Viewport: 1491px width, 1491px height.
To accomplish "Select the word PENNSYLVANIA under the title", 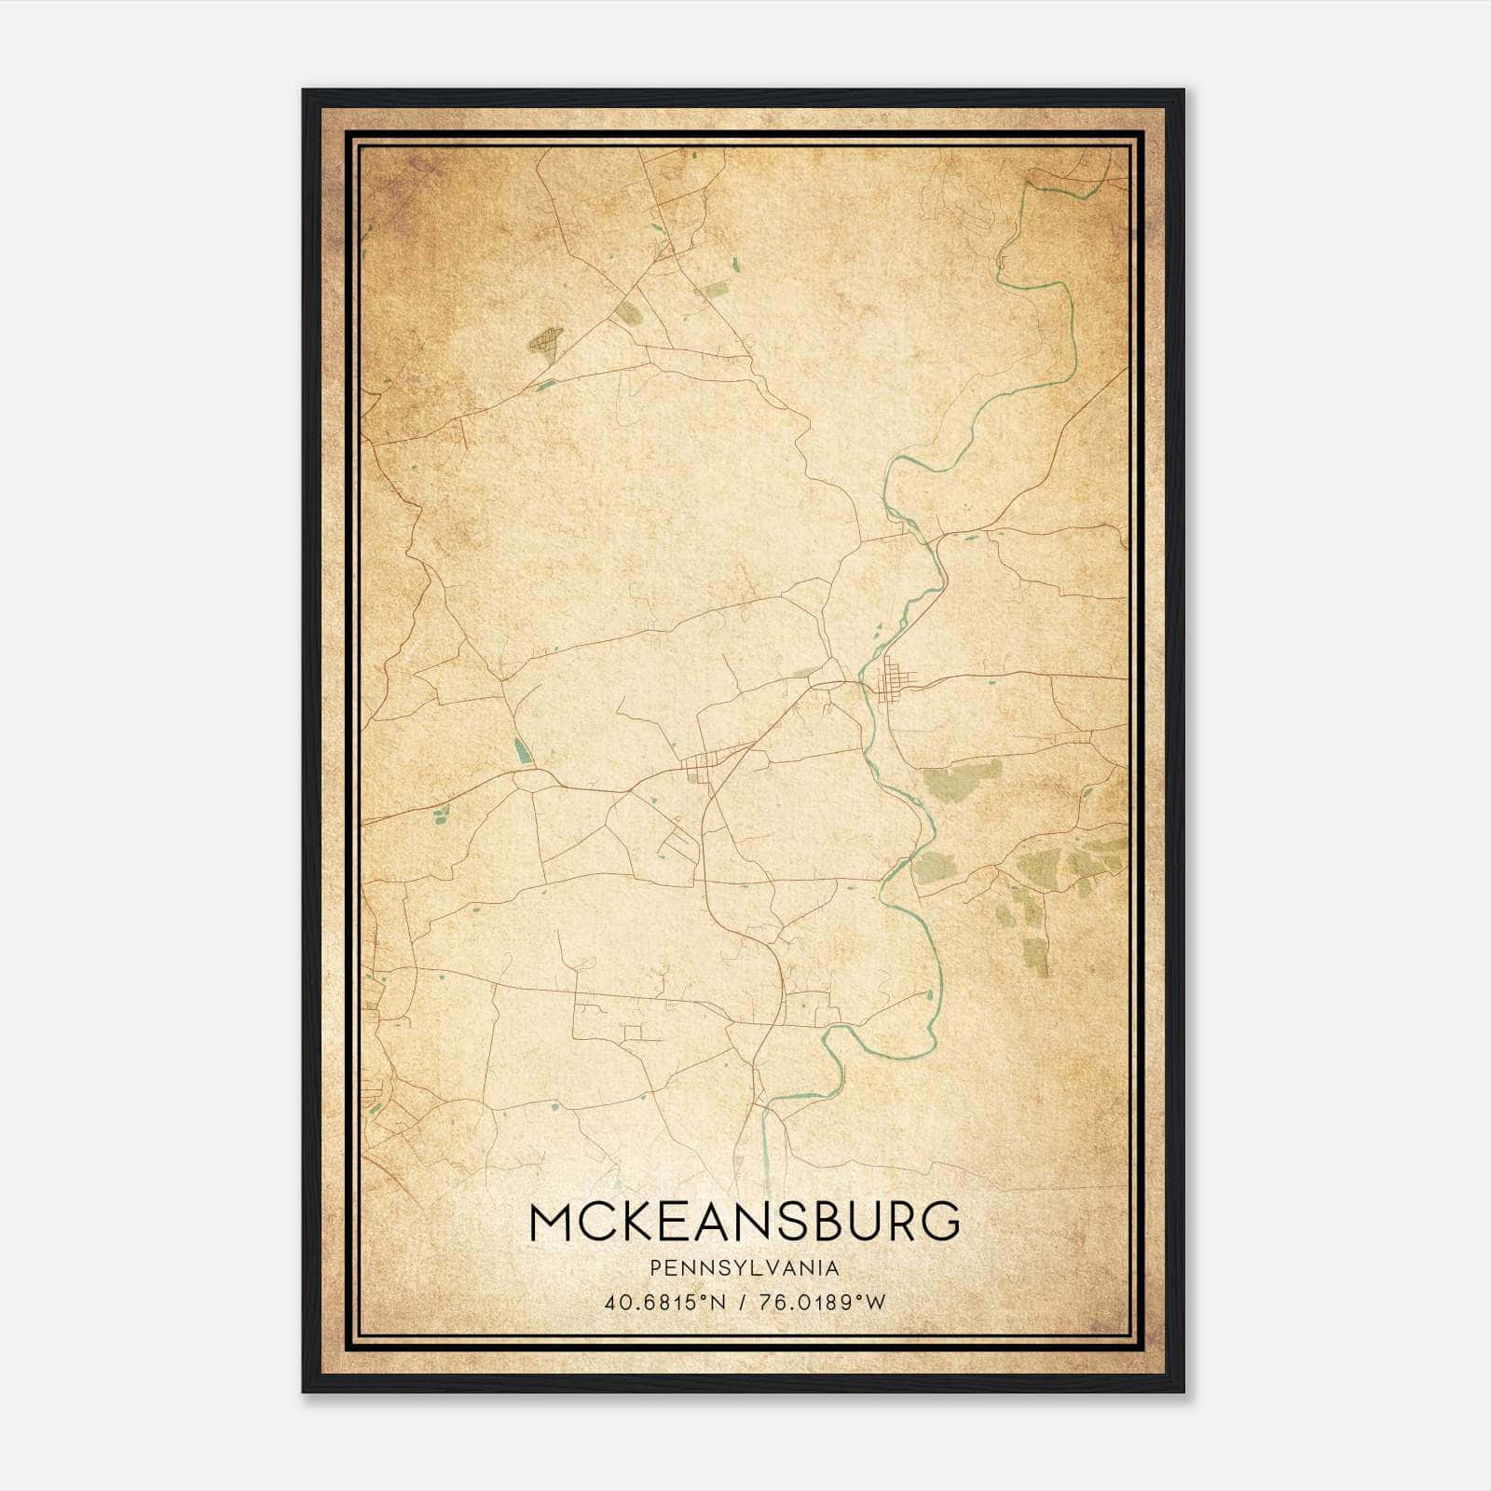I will click(x=744, y=1268).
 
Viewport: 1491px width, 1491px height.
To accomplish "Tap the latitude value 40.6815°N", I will click(x=664, y=1302).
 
